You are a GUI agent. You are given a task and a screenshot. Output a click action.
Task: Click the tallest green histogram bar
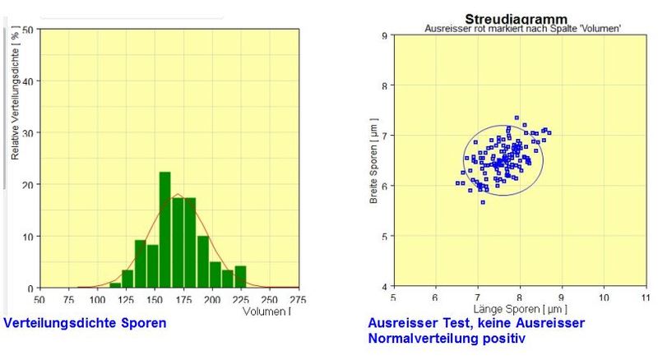(x=165, y=230)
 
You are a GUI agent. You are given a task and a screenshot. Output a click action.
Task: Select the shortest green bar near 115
(x=115, y=285)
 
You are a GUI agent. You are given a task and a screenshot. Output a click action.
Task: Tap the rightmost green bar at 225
(x=240, y=277)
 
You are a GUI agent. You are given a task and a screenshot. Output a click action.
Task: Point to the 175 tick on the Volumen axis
(x=183, y=299)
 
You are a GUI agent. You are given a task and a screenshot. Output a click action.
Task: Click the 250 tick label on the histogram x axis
(x=270, y=299)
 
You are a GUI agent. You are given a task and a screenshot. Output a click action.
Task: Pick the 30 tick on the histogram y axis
(x=28, y=132)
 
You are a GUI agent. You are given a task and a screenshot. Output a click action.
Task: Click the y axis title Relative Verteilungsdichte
(x=16, y=93)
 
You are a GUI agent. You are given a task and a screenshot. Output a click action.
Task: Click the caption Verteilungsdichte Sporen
(x=85, y=323)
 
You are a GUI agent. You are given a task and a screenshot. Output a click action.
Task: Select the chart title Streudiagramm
(x=517, y=19)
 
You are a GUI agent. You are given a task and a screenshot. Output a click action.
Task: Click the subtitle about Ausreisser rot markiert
(x=523, y=29)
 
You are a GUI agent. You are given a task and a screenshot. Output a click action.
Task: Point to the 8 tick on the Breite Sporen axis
(x=385, y=85)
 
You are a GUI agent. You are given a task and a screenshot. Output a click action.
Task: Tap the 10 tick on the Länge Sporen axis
(x=604, y=298)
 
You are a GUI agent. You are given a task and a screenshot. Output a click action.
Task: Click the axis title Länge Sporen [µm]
(x=521, y=309)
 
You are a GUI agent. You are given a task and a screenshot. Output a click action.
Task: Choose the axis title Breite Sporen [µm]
(x=373, y=161)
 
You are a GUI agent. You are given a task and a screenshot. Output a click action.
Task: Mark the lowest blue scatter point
(x=483, y=202)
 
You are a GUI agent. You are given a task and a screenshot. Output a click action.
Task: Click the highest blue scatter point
(x=517, y=118)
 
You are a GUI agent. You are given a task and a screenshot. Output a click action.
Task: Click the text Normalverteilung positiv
(x=447, y=338)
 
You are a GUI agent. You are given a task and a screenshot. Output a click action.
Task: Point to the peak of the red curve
(x=178, y=194)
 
